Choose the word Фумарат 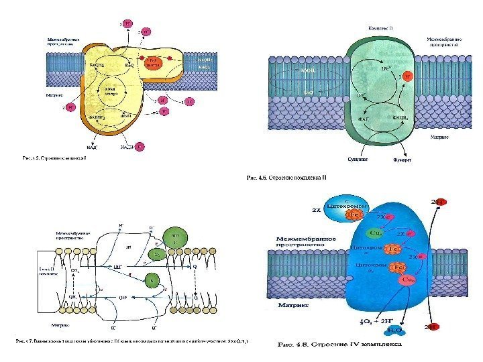(402, 160)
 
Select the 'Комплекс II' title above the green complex (382, 28)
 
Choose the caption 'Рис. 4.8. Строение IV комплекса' (339, 347)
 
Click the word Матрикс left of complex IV (291, 305)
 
